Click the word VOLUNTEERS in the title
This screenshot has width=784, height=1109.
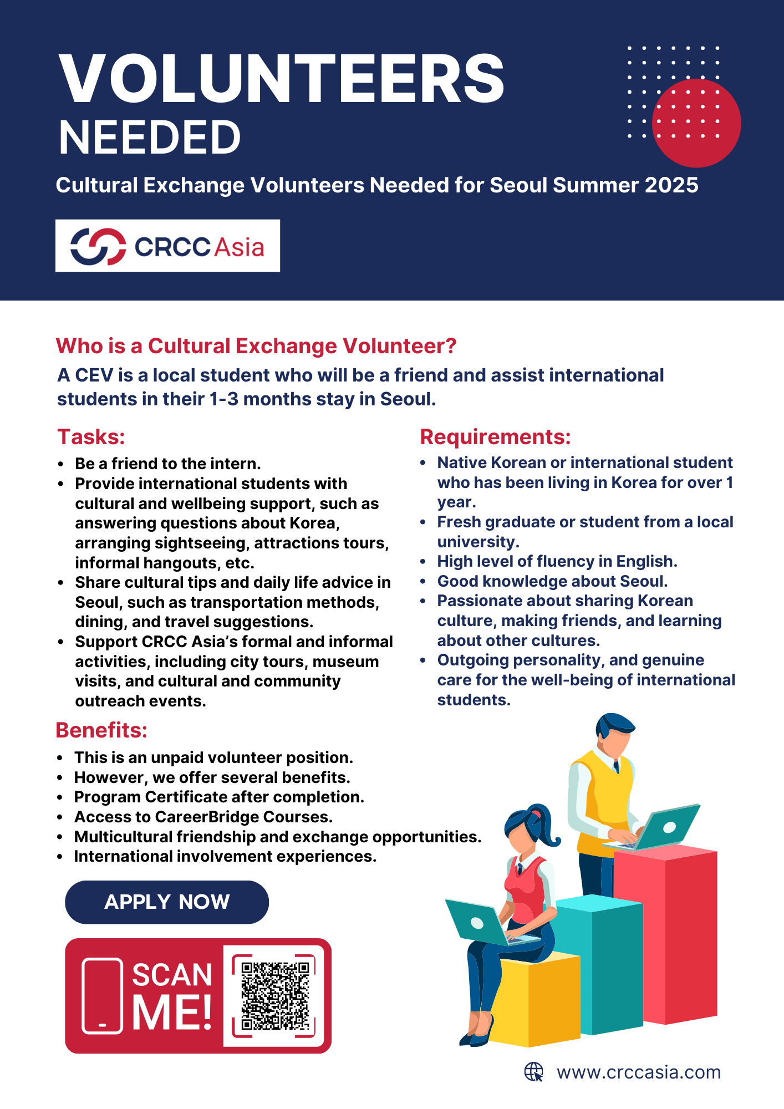click(281, 78)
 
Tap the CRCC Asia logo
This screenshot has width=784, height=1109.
click(167, 246)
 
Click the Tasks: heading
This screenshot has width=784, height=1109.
click(91, 437)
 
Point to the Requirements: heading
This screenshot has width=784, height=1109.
click(495, 437)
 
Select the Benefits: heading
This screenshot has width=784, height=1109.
click(101, 730)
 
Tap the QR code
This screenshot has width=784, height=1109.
click(274, 995)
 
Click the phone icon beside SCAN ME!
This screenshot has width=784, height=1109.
click(103, 995)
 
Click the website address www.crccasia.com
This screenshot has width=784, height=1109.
click(639, 1072)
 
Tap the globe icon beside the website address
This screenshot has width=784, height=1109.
click(533, 1072)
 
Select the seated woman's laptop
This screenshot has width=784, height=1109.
click(477, 922)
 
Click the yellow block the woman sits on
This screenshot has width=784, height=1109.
click(532, 998)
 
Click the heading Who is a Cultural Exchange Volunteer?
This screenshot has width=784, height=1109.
click(256, 346)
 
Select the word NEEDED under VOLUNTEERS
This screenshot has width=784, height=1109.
click(150, 138)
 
